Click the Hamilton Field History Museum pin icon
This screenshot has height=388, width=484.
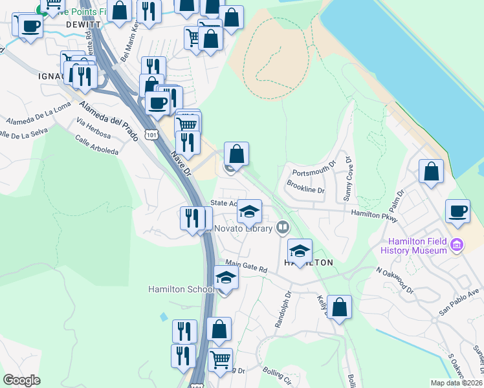457,244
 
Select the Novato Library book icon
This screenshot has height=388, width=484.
282,227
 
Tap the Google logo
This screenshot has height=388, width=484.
22,380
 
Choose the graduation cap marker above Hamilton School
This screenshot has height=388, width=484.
226,277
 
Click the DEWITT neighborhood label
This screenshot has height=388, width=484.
80,25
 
